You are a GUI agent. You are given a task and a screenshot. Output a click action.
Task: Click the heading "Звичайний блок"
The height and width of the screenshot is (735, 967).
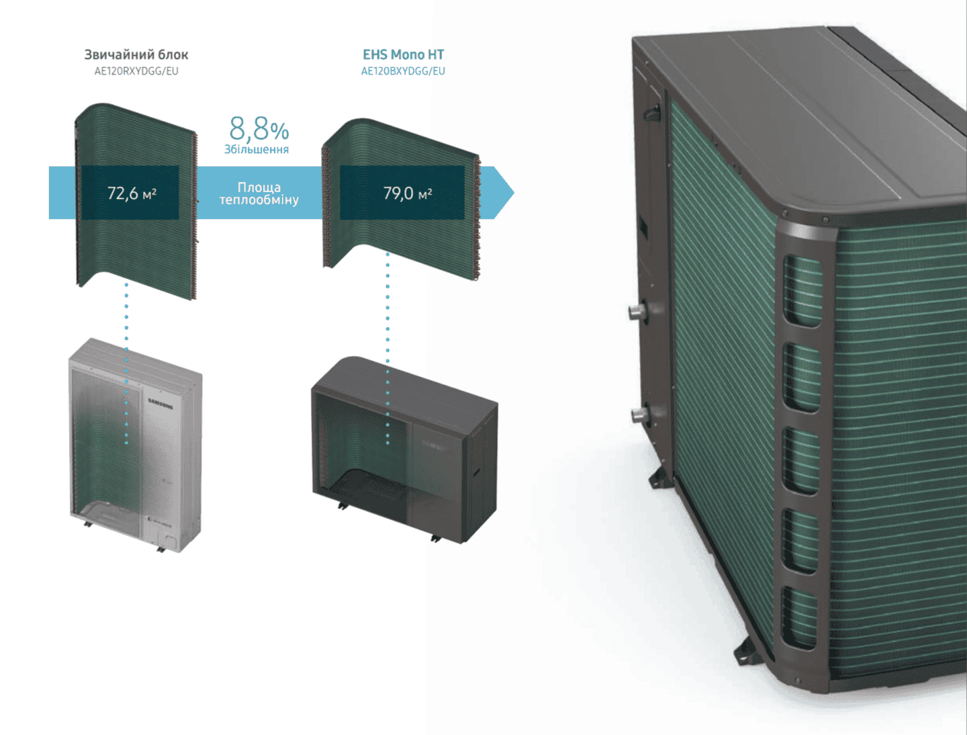136,54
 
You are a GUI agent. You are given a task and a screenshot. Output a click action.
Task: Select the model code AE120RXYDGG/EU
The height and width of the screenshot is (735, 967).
136,71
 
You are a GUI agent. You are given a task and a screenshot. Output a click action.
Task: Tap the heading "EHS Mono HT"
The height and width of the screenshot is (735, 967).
403,54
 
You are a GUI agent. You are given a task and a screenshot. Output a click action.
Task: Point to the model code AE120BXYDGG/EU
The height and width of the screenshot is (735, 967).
403,71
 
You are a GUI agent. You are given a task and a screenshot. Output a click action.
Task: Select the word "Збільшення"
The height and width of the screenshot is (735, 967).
257,149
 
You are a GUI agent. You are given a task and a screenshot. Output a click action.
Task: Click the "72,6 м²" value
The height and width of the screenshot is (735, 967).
132,193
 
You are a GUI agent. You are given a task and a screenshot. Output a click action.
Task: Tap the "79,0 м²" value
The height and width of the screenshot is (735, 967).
407,193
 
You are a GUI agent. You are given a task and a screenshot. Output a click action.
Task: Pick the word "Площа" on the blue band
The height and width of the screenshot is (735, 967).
259,187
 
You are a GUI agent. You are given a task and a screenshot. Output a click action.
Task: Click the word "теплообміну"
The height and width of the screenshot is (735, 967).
259,200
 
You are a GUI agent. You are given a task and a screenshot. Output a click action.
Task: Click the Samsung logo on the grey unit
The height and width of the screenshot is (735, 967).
160,404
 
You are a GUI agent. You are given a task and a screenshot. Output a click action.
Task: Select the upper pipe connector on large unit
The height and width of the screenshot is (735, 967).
636,311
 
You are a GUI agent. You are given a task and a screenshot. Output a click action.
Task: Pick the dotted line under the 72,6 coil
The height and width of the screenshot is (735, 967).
126,363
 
